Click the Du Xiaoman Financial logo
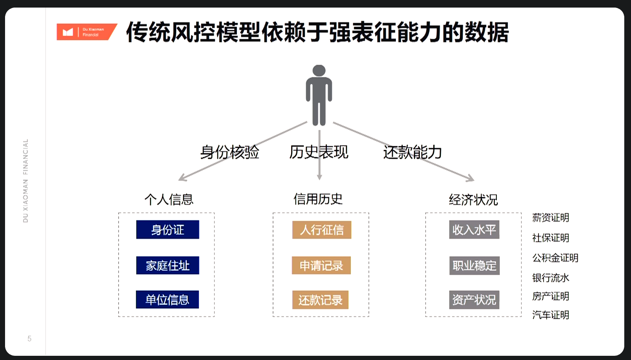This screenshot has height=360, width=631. tap(86, 32)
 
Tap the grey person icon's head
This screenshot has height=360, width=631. tap(319, 70)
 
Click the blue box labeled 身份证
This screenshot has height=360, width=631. tap(167, 230)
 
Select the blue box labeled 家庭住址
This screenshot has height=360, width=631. tap(167, 265)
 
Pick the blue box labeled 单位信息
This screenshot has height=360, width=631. tap(167, 299)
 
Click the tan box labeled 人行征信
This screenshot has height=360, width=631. tap(322, 230)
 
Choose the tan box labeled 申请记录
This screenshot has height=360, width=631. tap(321, 265)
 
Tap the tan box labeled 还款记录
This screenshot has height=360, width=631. tap(320, 300)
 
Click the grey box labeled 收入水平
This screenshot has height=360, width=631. tap(474, 230)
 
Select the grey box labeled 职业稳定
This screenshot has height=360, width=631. tap(474, 265)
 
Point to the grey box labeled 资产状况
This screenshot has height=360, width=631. tap(474, 300)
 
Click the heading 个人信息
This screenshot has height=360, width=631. tap(169, 199)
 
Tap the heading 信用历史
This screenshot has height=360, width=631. tap(318, 199)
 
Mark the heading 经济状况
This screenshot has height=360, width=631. tap(473, 199)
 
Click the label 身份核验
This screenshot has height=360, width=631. tap(230, 152)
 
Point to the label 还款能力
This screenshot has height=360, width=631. tap(412, 152)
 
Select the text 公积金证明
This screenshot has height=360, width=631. tap(555, 258)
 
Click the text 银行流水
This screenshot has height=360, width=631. tap(551, 278)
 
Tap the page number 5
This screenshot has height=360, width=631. tap(29, 339)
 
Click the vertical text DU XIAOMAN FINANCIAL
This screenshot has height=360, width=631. tap(26, 180)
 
